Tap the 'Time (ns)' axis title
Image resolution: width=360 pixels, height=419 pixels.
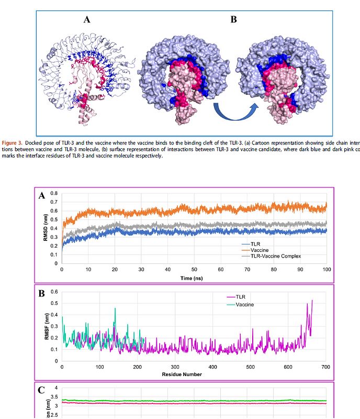191,279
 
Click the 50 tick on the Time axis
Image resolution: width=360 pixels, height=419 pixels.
194,270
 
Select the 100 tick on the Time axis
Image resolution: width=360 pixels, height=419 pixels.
327,270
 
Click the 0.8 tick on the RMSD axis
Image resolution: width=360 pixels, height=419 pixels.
54,194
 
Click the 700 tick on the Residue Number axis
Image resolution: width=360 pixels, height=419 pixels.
325,367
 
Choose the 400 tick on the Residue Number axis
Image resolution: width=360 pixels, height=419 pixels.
212,367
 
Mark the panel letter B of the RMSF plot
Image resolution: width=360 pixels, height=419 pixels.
41,294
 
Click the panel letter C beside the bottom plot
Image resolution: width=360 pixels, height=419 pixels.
41,391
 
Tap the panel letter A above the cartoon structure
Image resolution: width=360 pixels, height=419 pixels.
87,20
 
